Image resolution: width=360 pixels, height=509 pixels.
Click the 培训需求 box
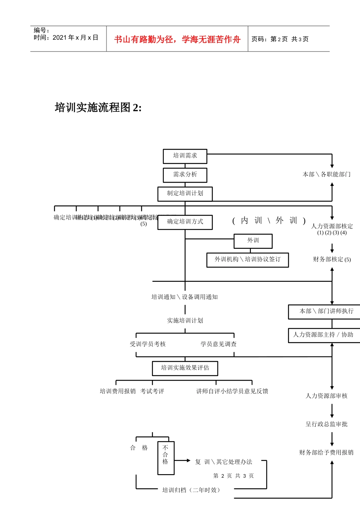click(x=185, y=156)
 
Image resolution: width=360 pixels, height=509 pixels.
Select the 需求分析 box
click(x=185, y=175)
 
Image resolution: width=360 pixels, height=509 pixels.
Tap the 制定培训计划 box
click(x=185, y=194)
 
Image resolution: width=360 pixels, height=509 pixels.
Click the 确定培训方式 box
click(x=185, y=222)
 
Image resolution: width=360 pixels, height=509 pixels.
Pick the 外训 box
click(x=253, y=241)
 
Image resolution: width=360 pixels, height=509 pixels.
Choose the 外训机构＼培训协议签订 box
click(x=247, y=260)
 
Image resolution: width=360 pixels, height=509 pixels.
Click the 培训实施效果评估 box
click(x=185, y=368)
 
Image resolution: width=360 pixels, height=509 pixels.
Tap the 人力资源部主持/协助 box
click(x=324, y=335)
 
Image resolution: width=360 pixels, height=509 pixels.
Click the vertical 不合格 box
click(x=166, y=457)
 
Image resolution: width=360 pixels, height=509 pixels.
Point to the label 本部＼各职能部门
click(x=326, y=175)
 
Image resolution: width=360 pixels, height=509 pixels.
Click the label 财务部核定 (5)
click(x=332, y=259)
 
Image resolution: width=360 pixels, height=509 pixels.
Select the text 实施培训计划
click(x=185, y=321)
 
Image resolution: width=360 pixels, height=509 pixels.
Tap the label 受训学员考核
click(x=148, y=344)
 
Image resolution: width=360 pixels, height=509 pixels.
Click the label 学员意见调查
click(x=218, y=344)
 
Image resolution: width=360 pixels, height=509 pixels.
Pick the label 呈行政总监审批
click(x=326, y=424)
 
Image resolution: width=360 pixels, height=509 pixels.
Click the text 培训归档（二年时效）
click(x=191, y=490)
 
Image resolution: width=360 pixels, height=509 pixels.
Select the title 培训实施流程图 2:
click(x=98, y=108)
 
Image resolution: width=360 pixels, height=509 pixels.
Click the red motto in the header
click(x=177, y=39)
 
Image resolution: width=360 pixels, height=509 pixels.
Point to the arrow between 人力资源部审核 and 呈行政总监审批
click(x=332, y=411)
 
